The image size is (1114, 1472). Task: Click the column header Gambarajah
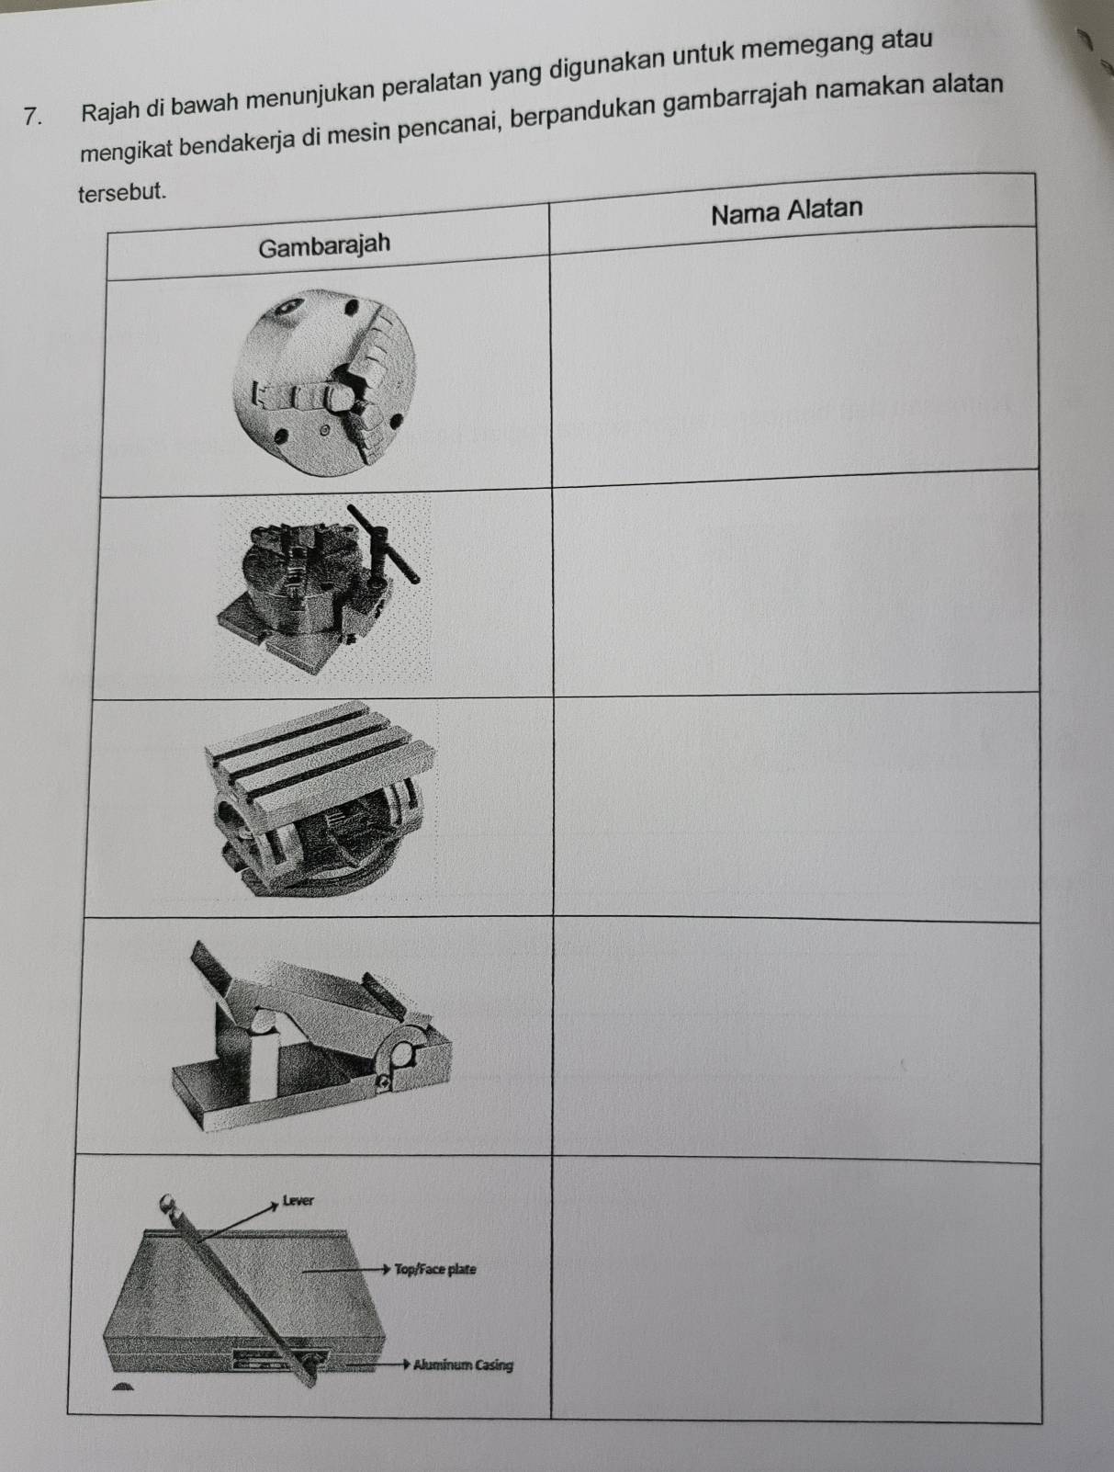pyautogui.click(x=324, y=245)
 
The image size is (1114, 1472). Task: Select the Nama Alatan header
pyautogui.click(x=787, y=212)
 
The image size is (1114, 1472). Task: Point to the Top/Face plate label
pyautogui.click(x=435, y=1269)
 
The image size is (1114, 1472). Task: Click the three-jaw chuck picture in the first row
pyautogui.click(x=324, y=382)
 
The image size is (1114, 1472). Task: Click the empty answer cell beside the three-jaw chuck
pyautogui.click(x=794, y=357)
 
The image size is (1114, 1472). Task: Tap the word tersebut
pyautogui.click(x=121, y=193)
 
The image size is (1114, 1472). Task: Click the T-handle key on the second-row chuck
pyautogui.click(x=382, y=542)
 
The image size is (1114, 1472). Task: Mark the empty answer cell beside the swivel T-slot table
pyautogui.click(x=796, y=807)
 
